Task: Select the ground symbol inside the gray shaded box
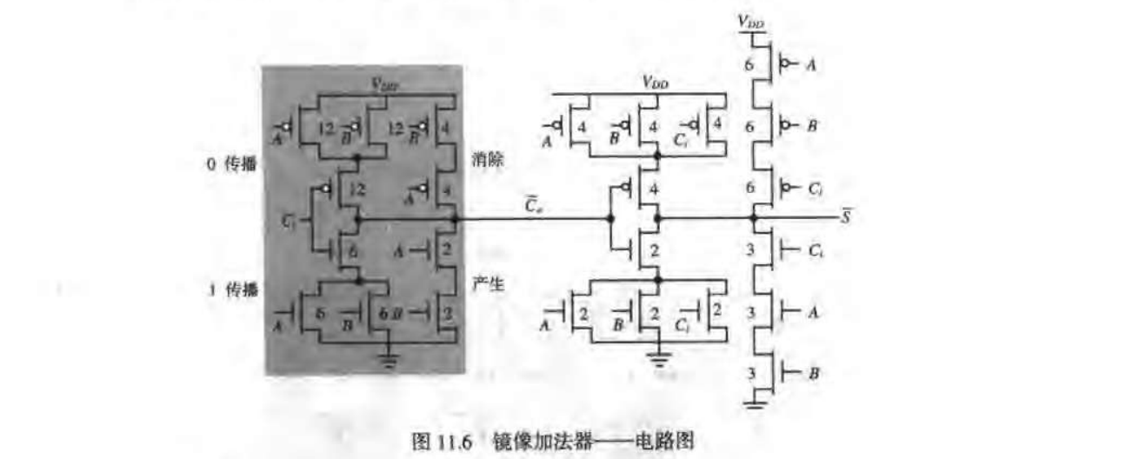point(388,358)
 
